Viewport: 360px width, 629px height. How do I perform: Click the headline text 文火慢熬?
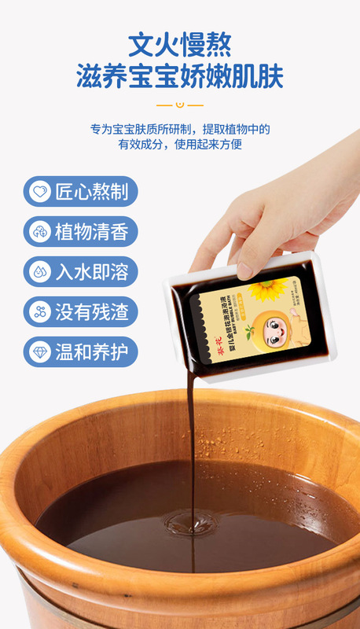pos(179,42)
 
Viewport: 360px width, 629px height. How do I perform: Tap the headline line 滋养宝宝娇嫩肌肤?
pos(179,77)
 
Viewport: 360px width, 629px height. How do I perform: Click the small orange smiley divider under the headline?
pos(179,105)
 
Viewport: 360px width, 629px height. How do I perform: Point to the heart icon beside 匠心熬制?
pos(39,191)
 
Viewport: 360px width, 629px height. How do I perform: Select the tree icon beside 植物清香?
pos(39,231)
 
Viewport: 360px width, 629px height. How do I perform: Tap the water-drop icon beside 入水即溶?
pos(39,271)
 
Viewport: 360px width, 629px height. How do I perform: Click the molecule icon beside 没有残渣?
pos(39,311)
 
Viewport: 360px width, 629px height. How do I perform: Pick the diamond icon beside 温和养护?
pos(39,351)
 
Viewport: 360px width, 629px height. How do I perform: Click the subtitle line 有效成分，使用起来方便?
pos(179,145)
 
